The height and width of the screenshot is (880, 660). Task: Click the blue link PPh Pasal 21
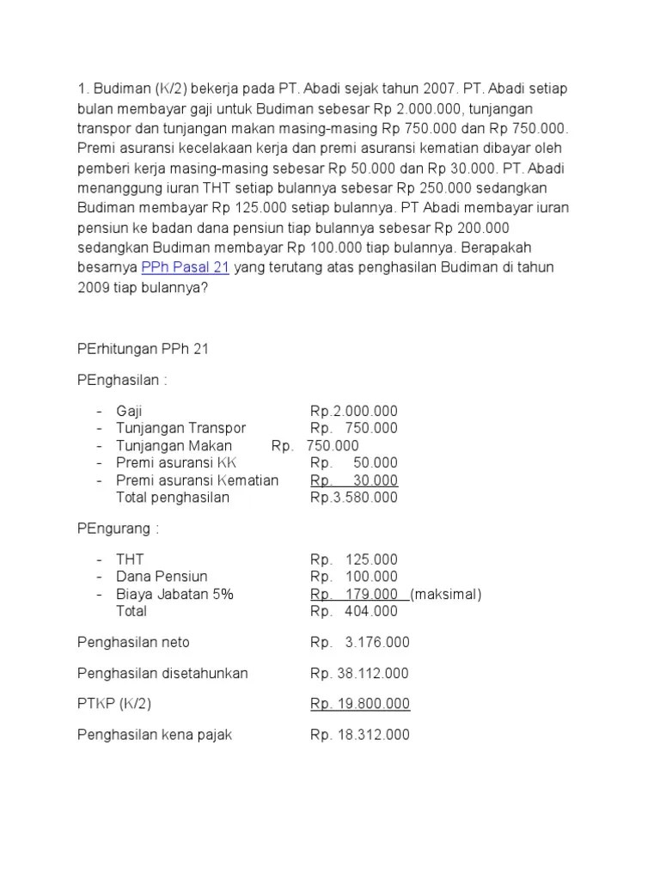tap(185, 267)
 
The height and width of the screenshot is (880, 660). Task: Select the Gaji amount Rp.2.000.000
tap(354, 412)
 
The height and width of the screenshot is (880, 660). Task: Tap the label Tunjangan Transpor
tap(180, 429)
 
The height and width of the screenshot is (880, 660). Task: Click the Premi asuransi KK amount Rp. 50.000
tap(354, 463)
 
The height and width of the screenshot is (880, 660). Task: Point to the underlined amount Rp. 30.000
tap(354, 480)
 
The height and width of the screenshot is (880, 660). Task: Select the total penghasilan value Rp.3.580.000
tap(354, 498)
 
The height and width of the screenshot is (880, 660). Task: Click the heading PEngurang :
tap(119, 528)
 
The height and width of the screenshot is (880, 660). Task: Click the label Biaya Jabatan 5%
tap(174, 595)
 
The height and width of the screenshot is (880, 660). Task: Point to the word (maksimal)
tap(446, 595)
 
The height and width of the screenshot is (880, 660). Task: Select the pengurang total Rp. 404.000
tap(354, 612)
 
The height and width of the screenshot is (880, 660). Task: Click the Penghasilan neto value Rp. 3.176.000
tap(360, 643)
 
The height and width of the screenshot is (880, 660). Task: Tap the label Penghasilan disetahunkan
tap(162, 674)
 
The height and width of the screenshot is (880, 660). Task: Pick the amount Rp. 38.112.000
tap(360, 674)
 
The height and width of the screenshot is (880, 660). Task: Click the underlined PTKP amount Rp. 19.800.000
tap(360, 705)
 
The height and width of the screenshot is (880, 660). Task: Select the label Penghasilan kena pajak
tap(155, 736)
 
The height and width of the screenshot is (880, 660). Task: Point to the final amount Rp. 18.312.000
tap(360, 736)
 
